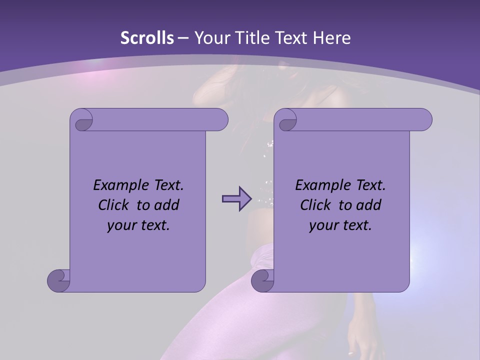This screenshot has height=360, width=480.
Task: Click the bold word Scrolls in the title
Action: [147, 38]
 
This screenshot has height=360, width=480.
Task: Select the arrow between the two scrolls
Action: [236, 198]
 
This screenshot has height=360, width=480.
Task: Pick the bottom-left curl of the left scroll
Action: [59, 280]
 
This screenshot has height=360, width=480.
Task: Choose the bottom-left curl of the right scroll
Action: [262, 280]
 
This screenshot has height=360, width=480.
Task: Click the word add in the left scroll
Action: [166, 205]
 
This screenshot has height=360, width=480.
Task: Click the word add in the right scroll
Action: [368, 205]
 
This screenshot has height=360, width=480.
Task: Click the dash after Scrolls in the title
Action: [183, 38]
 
